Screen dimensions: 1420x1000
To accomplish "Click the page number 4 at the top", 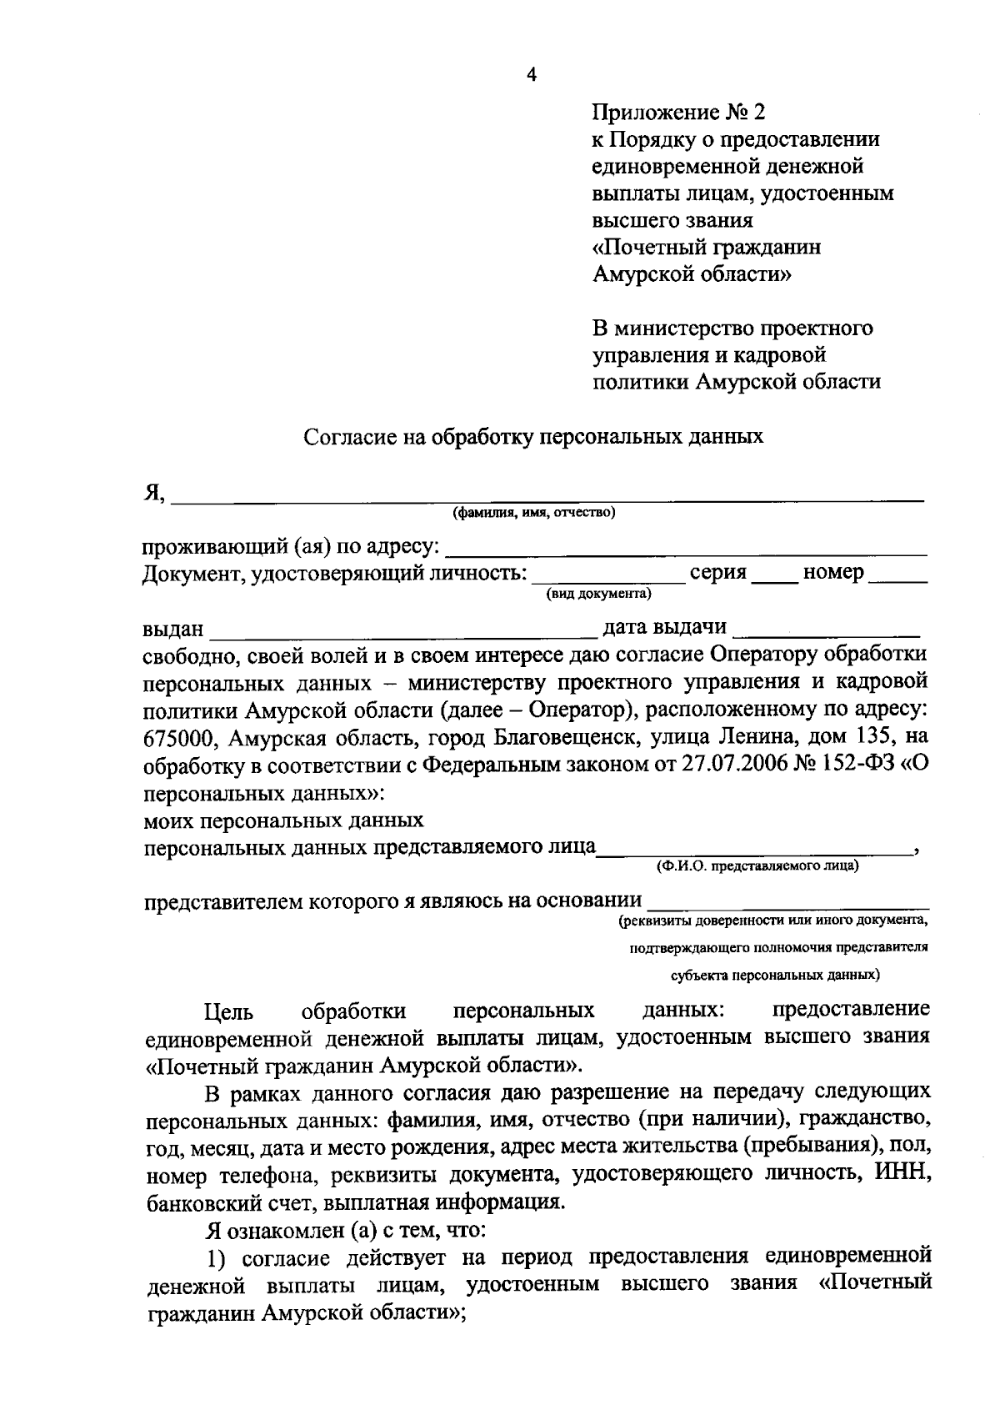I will (x=532, y=76).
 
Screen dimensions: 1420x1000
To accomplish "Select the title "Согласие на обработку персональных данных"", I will (x=533, y=436).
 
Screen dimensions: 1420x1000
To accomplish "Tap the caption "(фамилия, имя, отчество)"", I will (x=533, y=512).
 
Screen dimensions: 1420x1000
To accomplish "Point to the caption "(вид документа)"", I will (x=598, y=594).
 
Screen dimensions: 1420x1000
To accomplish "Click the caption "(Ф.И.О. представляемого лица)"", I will (x=757, y=866).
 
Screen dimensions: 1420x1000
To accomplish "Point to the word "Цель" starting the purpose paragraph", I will (x=228, y=1012).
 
